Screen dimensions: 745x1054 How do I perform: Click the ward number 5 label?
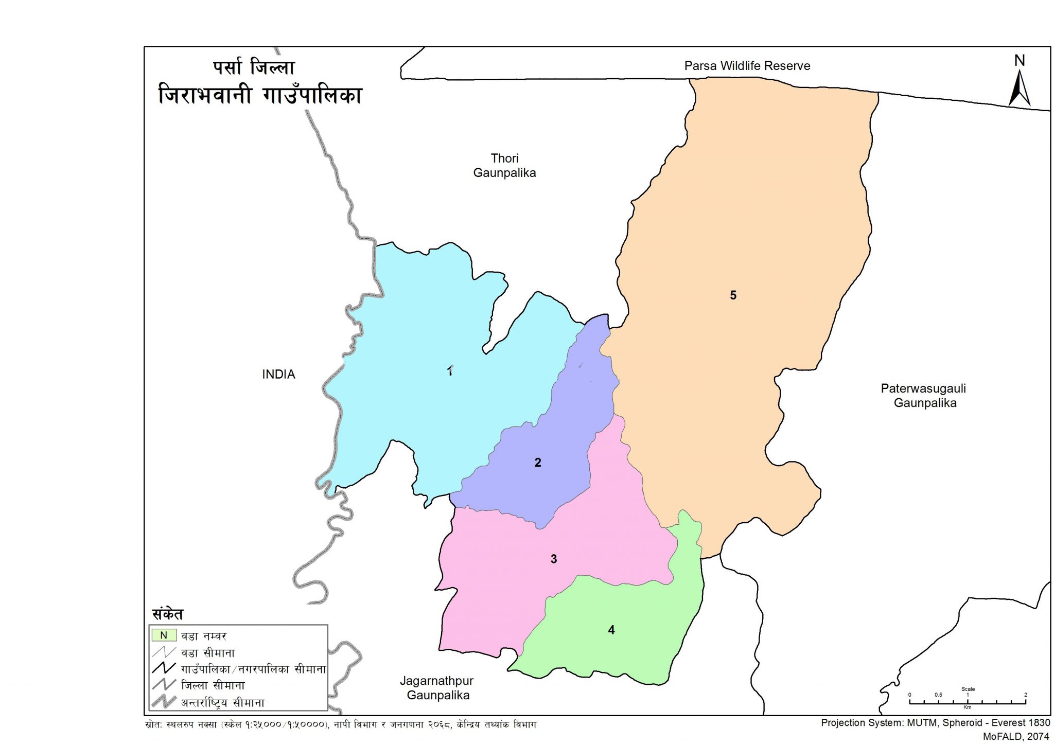tap(733, 295)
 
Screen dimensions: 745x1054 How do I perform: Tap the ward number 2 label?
tap(538, 463)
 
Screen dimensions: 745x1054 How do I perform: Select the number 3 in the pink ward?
tap(554, 559)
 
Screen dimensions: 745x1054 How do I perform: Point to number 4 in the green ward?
tap(611, 630)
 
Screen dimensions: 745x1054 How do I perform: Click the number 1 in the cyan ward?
tap(450, 371)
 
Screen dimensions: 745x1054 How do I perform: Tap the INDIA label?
tap(278, 375)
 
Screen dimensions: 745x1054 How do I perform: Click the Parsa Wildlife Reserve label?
tap(747, 66)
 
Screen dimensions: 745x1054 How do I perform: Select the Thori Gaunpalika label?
tap(504, 166)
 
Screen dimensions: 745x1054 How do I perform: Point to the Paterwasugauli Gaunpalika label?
tap(924, 396)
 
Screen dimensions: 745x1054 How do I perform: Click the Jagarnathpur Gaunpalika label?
tap(437, 688)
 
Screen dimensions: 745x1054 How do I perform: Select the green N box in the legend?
tap(164, 635)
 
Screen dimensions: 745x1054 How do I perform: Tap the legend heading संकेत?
tap(168, 614)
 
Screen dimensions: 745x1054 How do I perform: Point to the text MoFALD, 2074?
tap(1016, 737)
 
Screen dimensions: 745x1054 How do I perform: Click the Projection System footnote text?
tap(935, 723)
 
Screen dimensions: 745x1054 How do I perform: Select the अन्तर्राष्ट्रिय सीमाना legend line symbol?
tap(164, 702)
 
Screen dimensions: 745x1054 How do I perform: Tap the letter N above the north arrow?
tap(1019, 61)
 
